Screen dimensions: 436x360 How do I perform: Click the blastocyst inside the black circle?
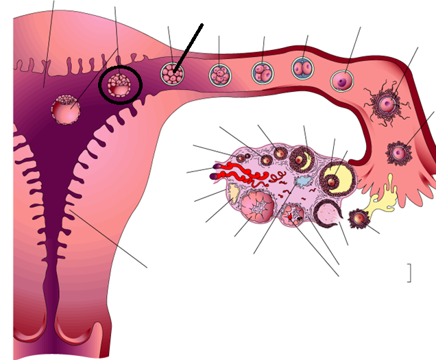(x=121, y=86)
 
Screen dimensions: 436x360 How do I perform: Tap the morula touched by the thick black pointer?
(x=171, y=73)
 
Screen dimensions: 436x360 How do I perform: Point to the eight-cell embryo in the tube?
(x=219, y=73)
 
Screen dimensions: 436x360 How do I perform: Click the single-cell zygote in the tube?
(x=341, y=81)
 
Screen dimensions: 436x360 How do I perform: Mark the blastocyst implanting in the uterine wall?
(x=65, y=109)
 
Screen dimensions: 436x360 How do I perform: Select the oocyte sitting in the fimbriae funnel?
(x=398, y=152)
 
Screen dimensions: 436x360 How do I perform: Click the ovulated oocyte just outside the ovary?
(x=358, y=219)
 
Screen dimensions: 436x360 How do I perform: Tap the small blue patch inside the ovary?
(x=302, y=181)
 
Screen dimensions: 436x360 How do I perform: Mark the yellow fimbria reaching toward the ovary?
(x=381, y=195)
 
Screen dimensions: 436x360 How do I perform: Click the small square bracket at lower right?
(x=409, y=272)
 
